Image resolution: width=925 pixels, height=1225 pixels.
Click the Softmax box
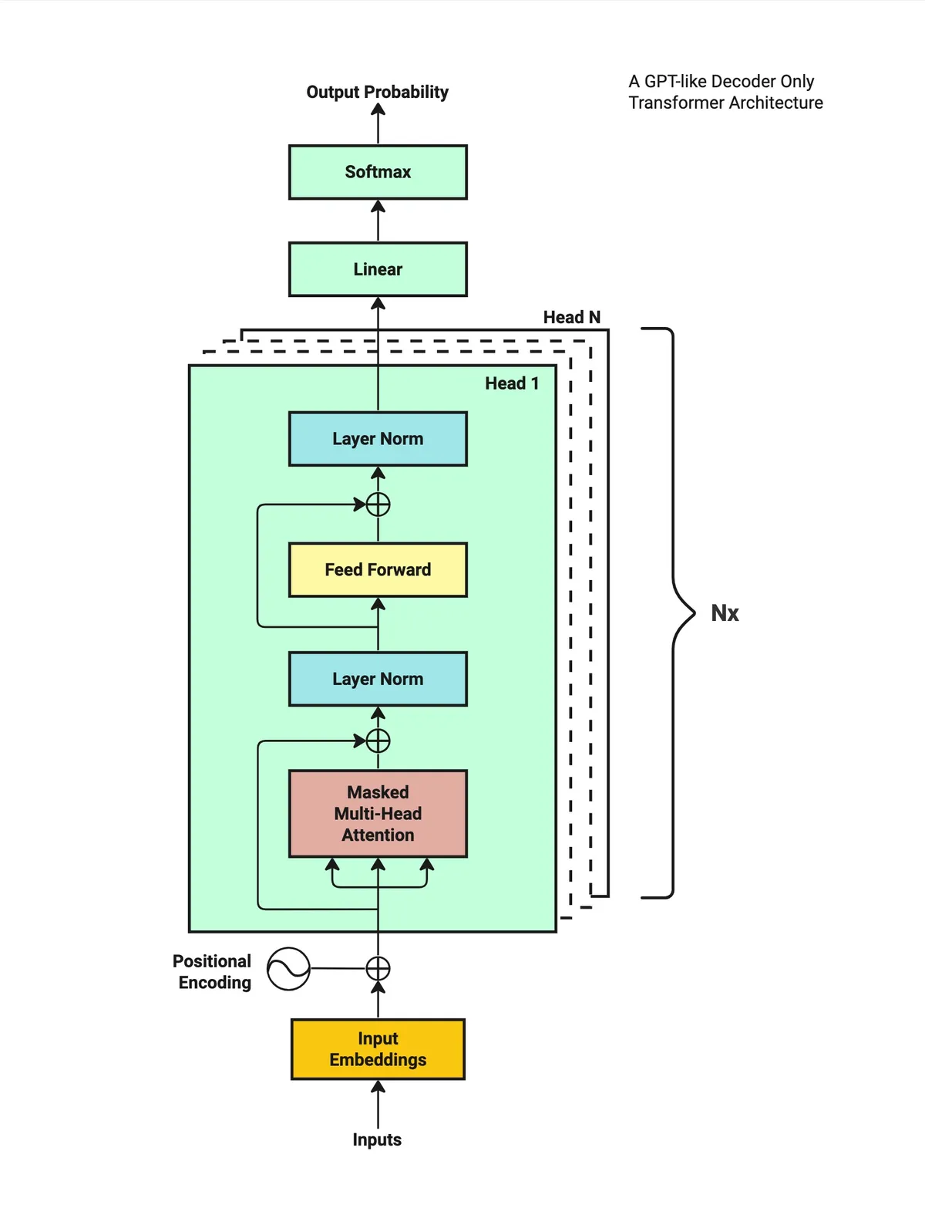378,172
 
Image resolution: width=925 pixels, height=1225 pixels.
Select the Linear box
378,269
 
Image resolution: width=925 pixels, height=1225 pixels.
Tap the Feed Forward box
378,569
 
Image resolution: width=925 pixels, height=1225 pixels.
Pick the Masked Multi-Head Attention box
378,813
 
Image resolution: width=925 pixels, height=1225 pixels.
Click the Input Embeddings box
378,1048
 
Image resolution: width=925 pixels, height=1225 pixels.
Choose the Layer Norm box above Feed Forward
378,439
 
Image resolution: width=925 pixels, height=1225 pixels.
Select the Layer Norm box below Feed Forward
378,679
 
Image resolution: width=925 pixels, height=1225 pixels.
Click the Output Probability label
378,92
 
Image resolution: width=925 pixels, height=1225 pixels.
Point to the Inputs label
377,1139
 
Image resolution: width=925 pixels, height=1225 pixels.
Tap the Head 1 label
512,383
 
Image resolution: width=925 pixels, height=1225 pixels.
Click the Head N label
571,317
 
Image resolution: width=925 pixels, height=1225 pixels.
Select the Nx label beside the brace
725,612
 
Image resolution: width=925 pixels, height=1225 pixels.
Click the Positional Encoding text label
212,971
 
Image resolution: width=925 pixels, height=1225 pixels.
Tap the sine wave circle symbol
288,968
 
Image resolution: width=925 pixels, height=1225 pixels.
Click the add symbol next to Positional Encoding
378,968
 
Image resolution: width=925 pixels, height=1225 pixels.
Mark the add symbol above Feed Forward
378,505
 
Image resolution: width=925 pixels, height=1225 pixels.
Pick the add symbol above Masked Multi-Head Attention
378,741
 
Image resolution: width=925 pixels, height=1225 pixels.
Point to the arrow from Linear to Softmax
378,221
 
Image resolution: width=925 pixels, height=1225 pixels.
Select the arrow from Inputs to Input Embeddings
378,1104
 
